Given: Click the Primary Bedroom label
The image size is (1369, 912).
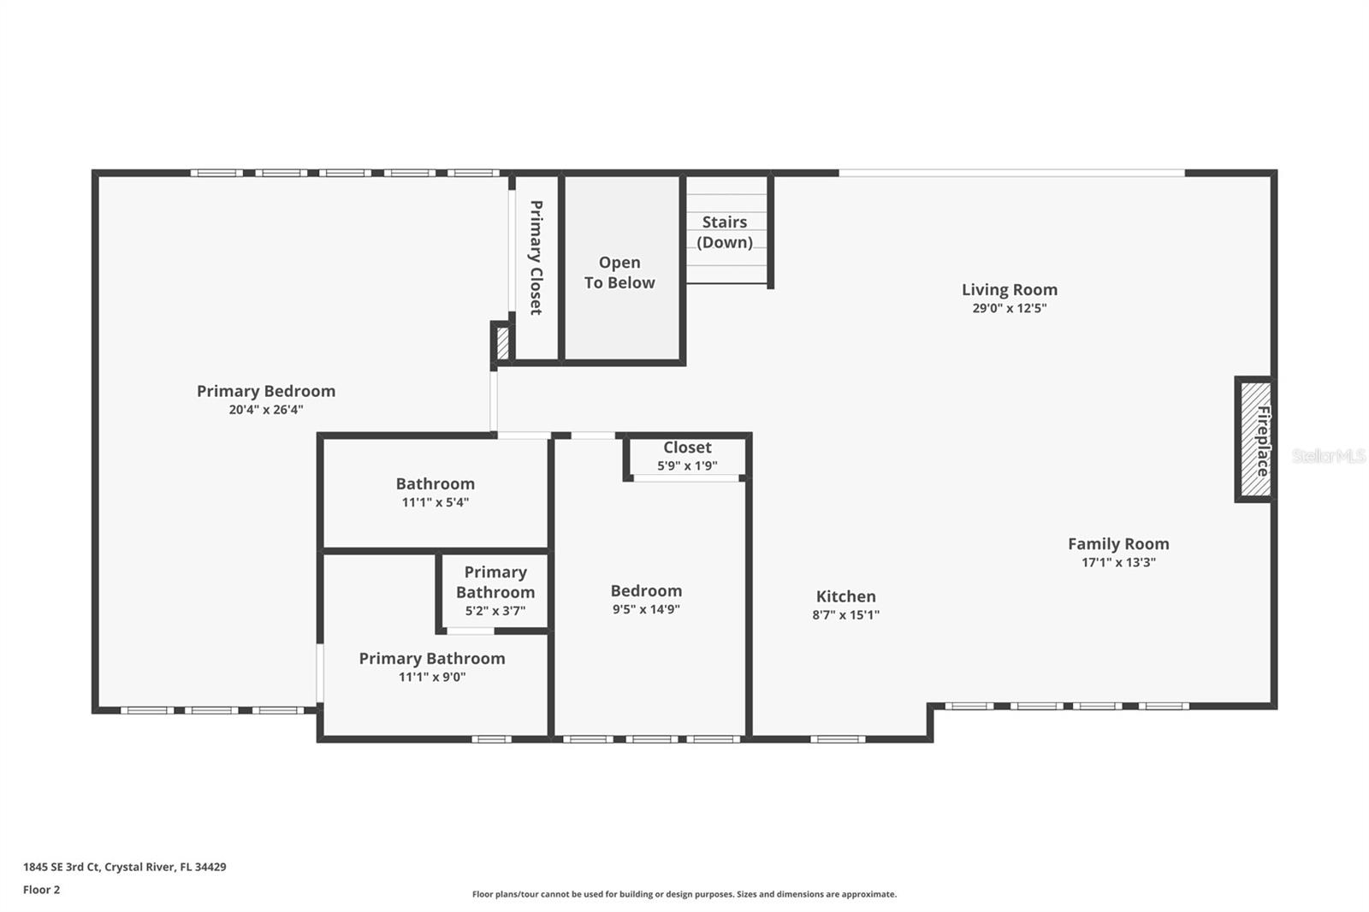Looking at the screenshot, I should (x=265, y=391).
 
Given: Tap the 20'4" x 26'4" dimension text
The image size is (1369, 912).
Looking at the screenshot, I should (x=265, y=410).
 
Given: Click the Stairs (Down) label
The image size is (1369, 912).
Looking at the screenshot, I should (x=725, y=232).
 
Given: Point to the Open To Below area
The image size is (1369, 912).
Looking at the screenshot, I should (x=619, y=272).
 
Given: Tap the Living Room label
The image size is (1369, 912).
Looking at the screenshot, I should (x=1009, y=290).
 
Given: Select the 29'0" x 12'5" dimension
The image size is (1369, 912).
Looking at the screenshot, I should (x=1009, y=309).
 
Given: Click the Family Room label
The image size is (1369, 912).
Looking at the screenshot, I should (x=1117, y=544).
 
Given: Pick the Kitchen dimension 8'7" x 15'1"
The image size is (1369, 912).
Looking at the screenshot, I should (x=845, y=615).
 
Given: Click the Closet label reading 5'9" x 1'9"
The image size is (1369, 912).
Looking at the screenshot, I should (x=687, y=456).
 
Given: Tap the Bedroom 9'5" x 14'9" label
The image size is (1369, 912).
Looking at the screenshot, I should (x=646, y=599).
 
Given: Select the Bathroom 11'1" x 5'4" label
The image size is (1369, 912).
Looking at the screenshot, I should (x=435, y=492).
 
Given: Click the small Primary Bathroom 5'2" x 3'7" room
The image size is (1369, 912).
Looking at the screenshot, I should (x=495, y=591).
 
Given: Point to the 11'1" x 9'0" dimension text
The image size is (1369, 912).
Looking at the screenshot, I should (x=431, y=678).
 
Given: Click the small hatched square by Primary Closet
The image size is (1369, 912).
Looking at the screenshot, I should (x=502, y=344).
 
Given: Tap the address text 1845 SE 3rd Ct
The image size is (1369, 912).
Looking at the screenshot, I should (x=124, y=867).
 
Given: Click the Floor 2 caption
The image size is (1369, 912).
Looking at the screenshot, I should (x=41, y=890).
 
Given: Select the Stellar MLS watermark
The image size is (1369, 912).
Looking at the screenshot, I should (x=1328, y=456).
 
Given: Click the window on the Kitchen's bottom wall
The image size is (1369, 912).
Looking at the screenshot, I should (x=837, y=738).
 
